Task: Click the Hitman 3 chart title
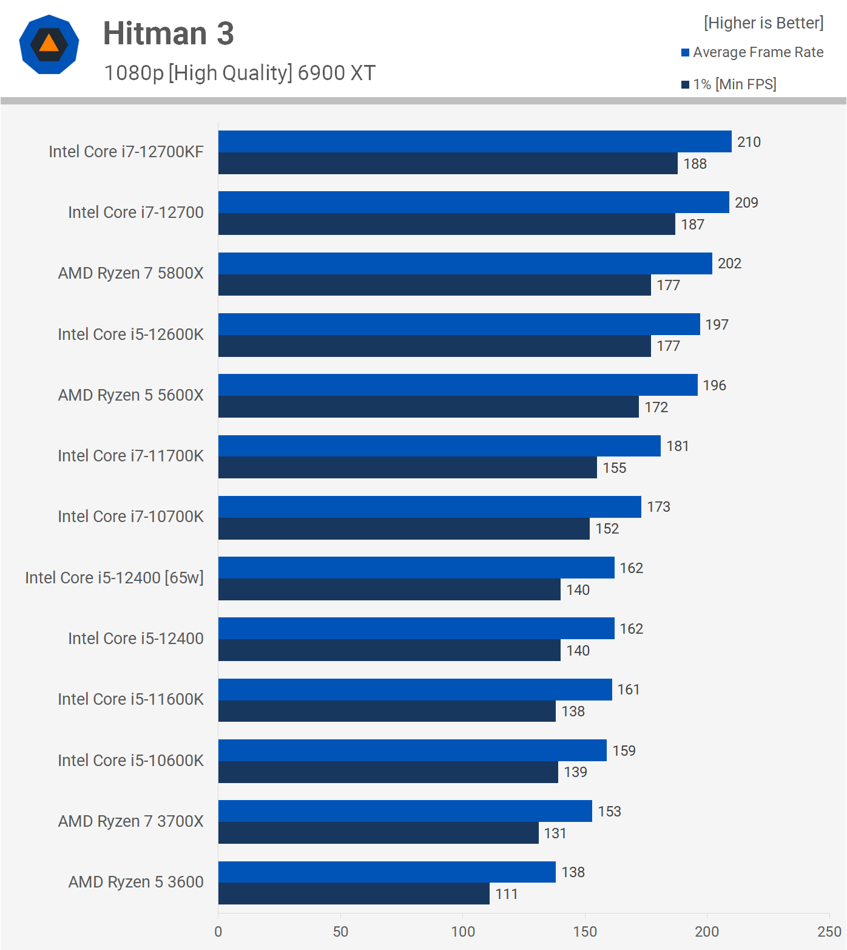tap(168, 33)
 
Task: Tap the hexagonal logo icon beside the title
tap(49, 44)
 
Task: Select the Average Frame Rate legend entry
tap(752, 52)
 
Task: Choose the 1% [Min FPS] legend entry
tap(729, 84)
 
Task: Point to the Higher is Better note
tap(763, 23)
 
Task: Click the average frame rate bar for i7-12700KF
tap(474, 141)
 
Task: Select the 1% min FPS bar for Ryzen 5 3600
tap(354, 894)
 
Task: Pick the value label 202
tap(729, 263)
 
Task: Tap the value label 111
tap(507, 894)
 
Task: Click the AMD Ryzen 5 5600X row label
tap(130, 395)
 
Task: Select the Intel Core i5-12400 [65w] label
tap(114, 577)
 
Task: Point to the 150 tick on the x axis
tap(585, 932)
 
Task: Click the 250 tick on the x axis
tap(829, 932)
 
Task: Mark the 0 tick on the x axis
tap(218, 932)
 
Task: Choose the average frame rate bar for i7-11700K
tap(439, 446)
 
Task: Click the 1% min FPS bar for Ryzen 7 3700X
tap(378, 833)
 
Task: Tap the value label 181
tap(677, 446)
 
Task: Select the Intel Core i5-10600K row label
tap(130, 760)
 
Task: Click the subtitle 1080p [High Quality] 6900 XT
tap(240, 73)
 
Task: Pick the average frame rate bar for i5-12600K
tap(459, 324)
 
